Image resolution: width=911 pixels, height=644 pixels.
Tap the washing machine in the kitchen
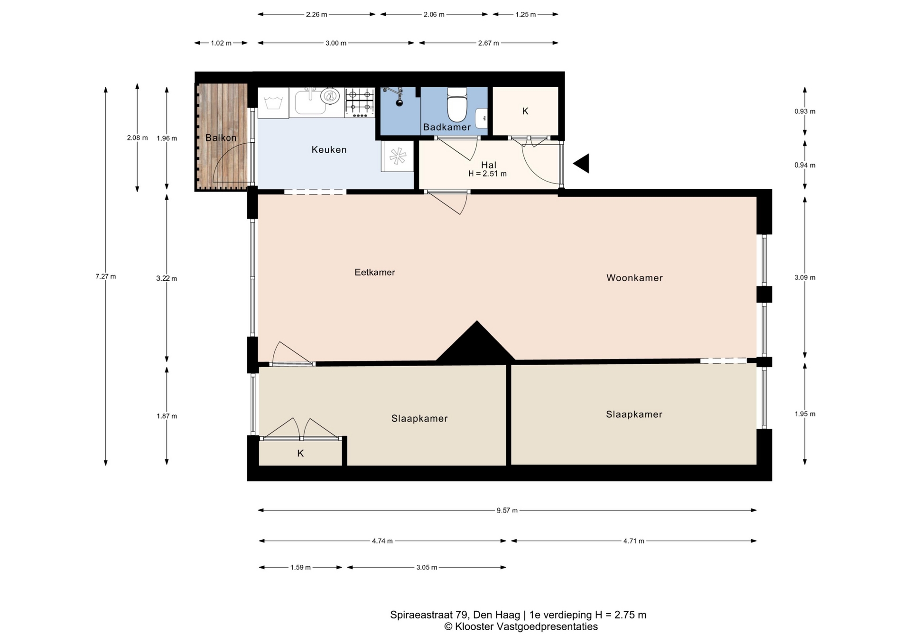[x=273, y=102]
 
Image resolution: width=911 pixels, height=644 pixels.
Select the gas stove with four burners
[x=360, y=102]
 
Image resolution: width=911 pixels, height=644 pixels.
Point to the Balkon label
[x=221, y=138]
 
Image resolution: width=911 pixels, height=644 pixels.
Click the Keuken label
[x=329, y=150]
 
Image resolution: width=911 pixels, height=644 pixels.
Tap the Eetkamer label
[x=375, y=272]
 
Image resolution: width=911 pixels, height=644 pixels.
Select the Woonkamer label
[x=634, y=278]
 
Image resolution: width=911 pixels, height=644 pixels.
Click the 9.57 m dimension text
[x=507, y=511]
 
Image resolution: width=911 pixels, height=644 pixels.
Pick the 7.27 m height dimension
[x=106, y=276]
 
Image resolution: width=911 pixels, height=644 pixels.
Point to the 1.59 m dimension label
[x=300, y=568]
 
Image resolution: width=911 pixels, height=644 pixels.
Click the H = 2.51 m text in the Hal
[x=487, y=174]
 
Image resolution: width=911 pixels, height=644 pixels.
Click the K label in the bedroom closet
[x=300, y=453]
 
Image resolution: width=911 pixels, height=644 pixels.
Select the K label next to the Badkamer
[x=525, y=111]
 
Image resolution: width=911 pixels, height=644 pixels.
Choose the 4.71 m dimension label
[x=634, y=541]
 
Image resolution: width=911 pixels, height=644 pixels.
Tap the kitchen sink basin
[x=311, y=102]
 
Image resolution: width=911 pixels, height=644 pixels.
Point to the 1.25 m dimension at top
[x=526, y=15]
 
